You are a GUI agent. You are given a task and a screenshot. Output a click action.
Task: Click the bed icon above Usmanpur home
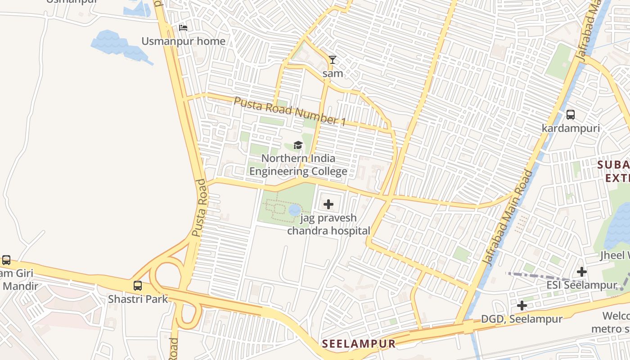tap(183, 28)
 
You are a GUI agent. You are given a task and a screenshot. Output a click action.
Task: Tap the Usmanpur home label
tap(184, 41)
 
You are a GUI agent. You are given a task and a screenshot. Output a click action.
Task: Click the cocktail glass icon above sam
tap(333, 60)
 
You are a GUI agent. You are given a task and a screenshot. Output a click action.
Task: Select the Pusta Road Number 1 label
tap(290, 110)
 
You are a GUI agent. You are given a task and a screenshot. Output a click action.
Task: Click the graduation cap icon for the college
tap(298, 145)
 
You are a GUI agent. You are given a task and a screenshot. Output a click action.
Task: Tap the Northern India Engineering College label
tap(298, 165)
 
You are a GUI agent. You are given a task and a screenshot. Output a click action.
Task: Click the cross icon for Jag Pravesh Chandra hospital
tap(328, 205)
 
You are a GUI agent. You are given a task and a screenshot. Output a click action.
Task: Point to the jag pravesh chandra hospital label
tap(328, 224)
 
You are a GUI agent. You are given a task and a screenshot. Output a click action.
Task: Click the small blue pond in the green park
tap(294, 210)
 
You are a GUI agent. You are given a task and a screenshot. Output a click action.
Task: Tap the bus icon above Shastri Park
tap(138, 286)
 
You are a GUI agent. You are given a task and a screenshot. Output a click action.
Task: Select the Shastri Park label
tap(138, 299)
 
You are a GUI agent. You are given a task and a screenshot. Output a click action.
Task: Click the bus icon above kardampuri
tap(571, 115)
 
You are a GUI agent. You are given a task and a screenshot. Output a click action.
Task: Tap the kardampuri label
tap(571, 128)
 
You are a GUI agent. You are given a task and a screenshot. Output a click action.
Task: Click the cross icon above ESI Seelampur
tap(582, 272)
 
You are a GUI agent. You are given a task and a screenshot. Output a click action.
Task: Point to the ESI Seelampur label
tap(581, 285)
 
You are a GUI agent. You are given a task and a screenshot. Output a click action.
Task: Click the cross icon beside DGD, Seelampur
tap(522, 306)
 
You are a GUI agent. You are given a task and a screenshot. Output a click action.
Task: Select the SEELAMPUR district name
tap(359, 344)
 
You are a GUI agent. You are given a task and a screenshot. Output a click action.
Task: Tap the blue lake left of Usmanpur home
tap(118, 45)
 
